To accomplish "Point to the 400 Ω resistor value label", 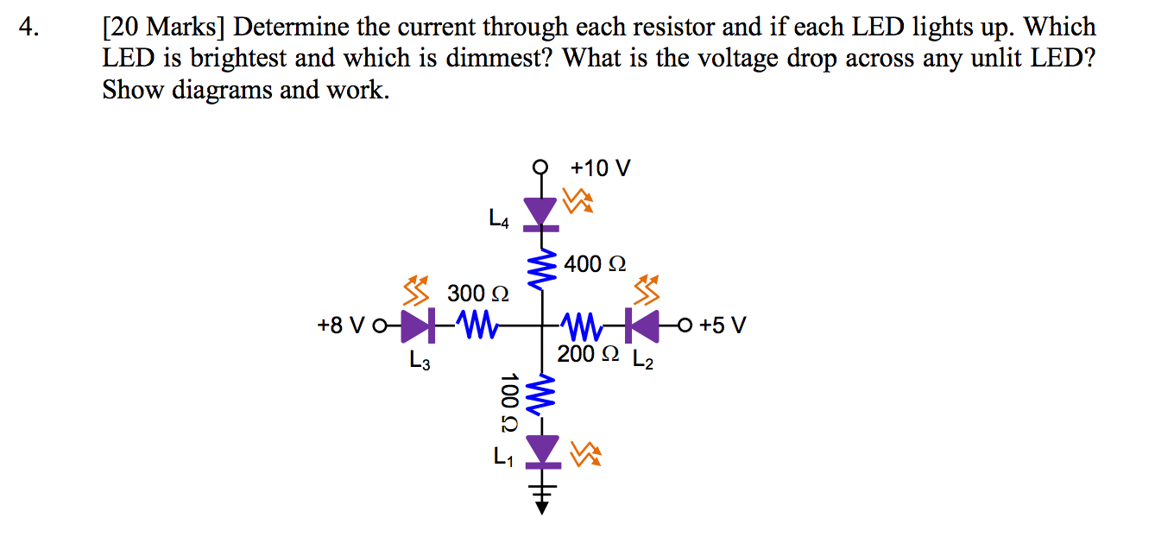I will tap(595, 263).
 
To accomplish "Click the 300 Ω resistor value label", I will tap(477, 294).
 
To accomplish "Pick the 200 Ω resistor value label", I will tap(588, 354).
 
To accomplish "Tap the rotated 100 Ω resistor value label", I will tap(508, 401).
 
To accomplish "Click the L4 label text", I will tap(499, 221).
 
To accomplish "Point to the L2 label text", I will tap(643, 362).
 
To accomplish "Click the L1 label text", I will tap(503, 457).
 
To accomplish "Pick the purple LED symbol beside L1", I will tap(541, 451).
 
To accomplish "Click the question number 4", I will tap(32, 28).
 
